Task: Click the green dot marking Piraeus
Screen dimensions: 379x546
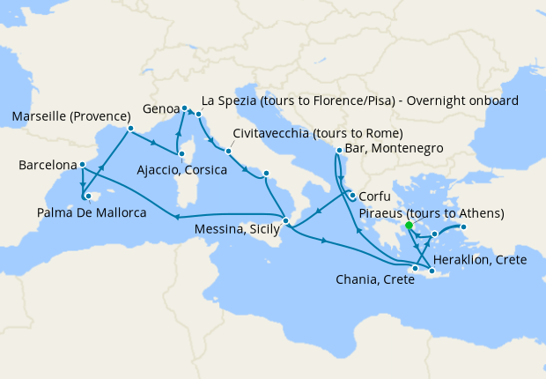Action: coord(409,226)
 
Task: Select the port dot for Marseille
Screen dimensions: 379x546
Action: coord(129,129)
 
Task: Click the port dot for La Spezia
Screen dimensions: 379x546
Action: coord(199,115)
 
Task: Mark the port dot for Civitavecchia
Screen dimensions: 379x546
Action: coord(227,151)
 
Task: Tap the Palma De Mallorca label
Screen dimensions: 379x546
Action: coord(91,212)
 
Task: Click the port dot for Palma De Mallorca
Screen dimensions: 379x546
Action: coord(88,196)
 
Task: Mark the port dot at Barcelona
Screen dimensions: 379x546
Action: coord(81,164)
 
